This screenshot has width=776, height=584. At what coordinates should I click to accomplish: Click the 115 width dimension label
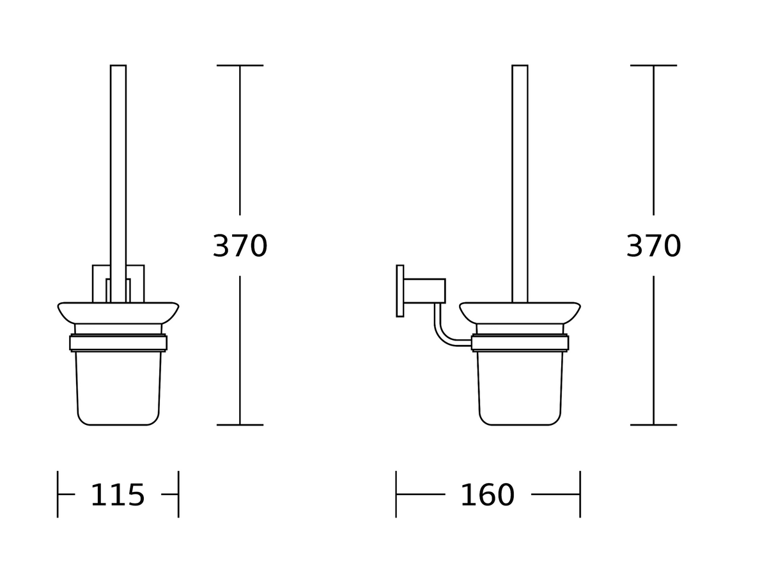118,495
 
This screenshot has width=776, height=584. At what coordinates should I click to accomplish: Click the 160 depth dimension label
487,495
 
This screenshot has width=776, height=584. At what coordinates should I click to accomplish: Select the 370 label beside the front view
240,246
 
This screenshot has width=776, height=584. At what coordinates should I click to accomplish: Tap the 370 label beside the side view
653,246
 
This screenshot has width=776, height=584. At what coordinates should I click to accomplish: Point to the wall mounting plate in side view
400,291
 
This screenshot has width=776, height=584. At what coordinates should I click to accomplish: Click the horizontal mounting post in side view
424,291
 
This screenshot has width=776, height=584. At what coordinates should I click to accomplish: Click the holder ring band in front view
118,342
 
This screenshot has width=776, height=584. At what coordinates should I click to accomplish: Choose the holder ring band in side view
520,342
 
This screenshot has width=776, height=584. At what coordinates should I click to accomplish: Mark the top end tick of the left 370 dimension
240,65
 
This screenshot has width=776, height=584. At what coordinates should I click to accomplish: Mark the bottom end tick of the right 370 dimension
653,424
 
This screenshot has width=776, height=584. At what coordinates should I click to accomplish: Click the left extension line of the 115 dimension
58,494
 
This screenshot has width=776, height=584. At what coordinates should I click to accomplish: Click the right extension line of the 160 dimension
580,494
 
